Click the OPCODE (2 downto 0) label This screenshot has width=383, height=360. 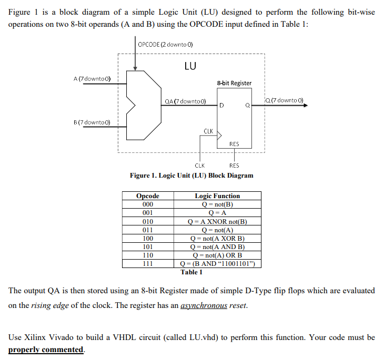(165, 45)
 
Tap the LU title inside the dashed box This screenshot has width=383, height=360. (190, 66)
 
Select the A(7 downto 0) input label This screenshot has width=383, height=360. (92, 79)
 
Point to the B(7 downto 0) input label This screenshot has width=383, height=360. (92, 122)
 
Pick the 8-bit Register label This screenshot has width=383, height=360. (234, 83)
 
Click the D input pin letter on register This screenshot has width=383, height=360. (222, 106)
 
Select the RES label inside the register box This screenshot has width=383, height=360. (234, 143)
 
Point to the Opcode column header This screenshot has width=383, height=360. (148, 196)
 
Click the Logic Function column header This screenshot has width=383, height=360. (217, 196)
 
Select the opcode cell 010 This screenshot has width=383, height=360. (148, 221)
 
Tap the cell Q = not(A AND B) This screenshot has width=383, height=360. (217, 246)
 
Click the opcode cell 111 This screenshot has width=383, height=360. (148, 263)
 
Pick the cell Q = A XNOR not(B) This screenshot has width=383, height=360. (217, 221)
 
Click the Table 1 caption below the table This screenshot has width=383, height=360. (191, 272)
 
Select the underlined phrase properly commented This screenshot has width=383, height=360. (46, 349)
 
